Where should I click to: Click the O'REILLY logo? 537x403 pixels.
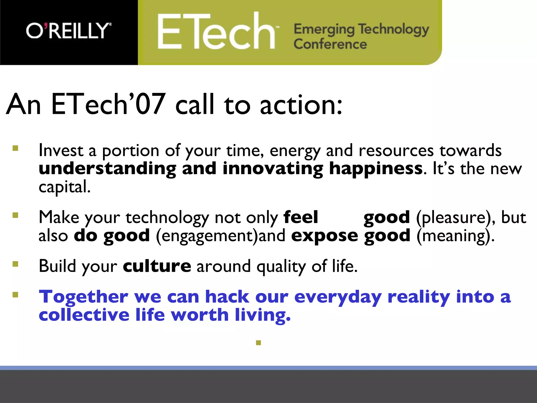[x=69, y=31]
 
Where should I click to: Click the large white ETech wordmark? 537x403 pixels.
[x=217, y=32]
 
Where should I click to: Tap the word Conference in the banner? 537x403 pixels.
[x=330, y=44]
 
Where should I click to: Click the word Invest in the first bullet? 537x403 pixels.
[x=61, y=151]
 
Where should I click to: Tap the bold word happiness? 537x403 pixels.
[x=376, y=168]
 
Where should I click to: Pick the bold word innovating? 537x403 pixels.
[x=273, y=169]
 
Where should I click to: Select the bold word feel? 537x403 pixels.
[x=301, y=217]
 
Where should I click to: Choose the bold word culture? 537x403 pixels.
[x=157, y=266]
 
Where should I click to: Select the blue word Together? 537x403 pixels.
[x=83, y=297]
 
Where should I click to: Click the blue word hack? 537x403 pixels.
[x=227, y=297]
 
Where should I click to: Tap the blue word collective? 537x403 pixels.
[x=84, y=315]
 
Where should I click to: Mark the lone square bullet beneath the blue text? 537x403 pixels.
[x=259, y=343]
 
